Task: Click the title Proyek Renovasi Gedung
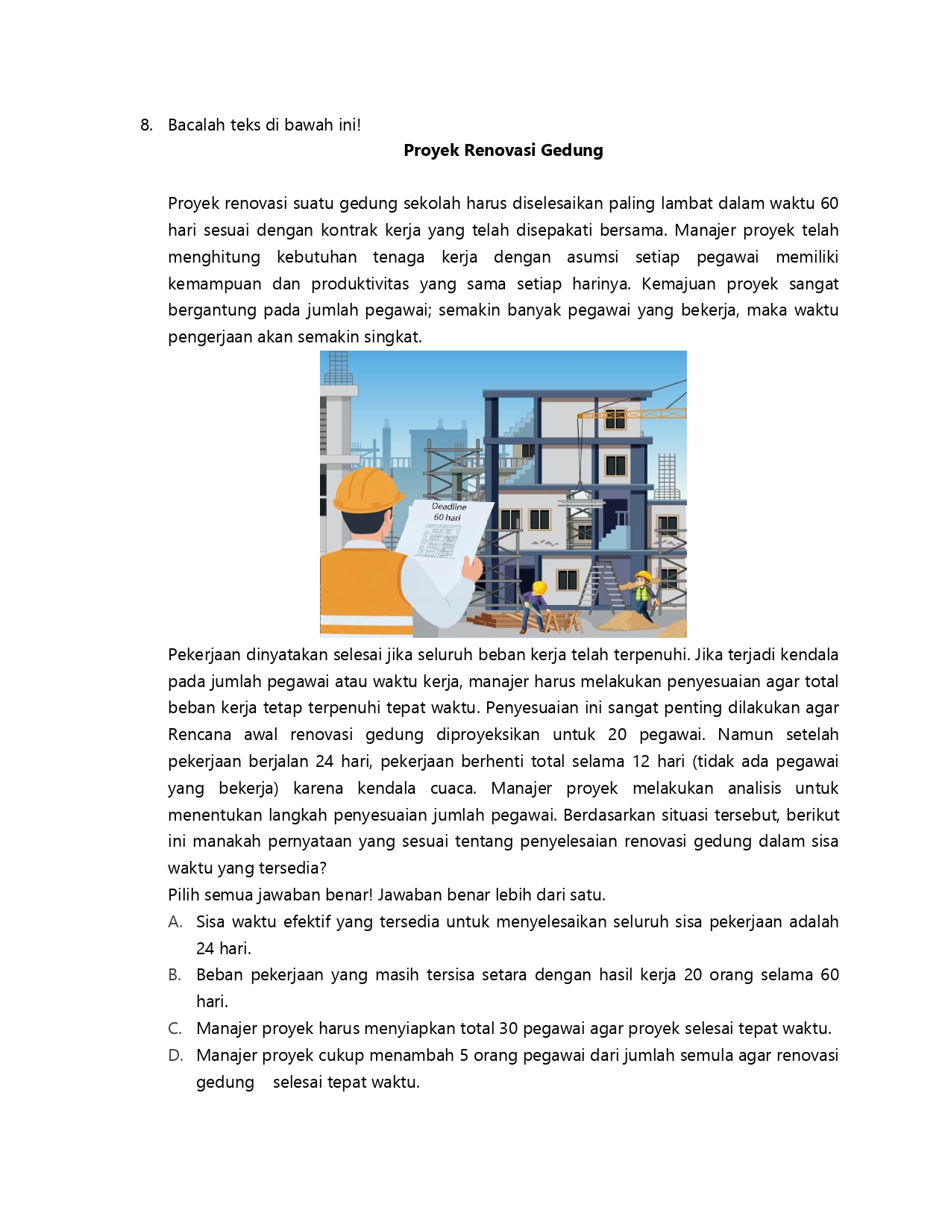pyautogui.click(x=503, y=150)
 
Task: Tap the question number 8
pyautogui.click(x=146, y=125)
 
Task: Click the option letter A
pyautogui.click(x=175, y=922)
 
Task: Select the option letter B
pyautogui.click(x=175, y=975)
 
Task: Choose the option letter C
pyautogui.click(x=175, y=1029)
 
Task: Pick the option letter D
pyautogui.click(x=175, y=1056)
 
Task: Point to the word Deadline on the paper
pyautogui.click(x=449, y=507)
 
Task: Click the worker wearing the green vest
pyautogui.click(x=642, y=593)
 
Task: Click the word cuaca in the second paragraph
pyautogui.click(x=452, y=789)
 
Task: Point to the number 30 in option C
pyautogui.click(x=508, y=1029)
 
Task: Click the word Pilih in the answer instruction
pyautogui.click(x=183, y=895)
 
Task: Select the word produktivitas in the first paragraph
pyautogui.click(x=360, y=284)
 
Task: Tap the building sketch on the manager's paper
pyautogui.click(x=440, y=539)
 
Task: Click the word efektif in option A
pyautogui.click(x=307, y=922)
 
